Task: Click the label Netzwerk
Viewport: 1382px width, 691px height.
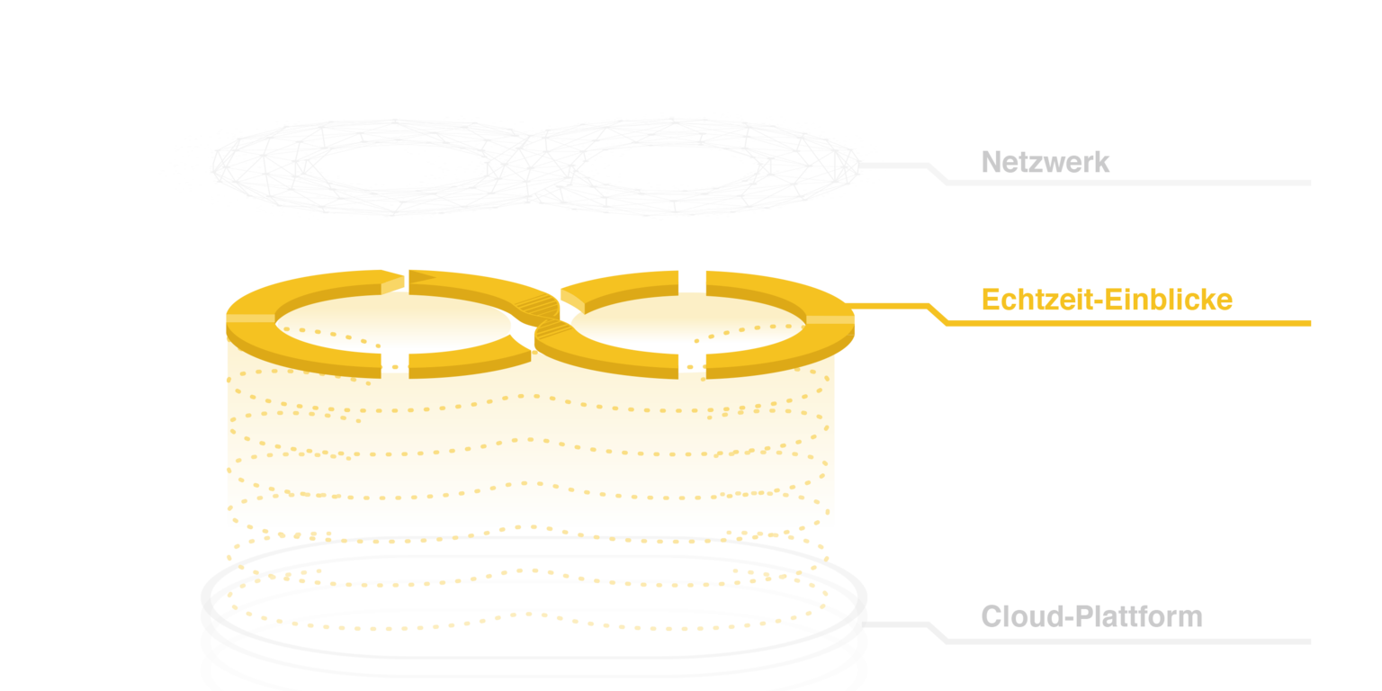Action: tap(1045, 163)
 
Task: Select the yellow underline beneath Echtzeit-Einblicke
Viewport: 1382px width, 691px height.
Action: tap(1125, 323)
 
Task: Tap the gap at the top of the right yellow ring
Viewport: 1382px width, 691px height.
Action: tap(692, 278)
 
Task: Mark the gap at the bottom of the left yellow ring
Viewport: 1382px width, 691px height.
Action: tap(395, 363)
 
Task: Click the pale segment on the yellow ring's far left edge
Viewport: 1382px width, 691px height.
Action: tap(249, 318)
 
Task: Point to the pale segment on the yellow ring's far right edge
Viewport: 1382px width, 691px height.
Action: tap(830, 319)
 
